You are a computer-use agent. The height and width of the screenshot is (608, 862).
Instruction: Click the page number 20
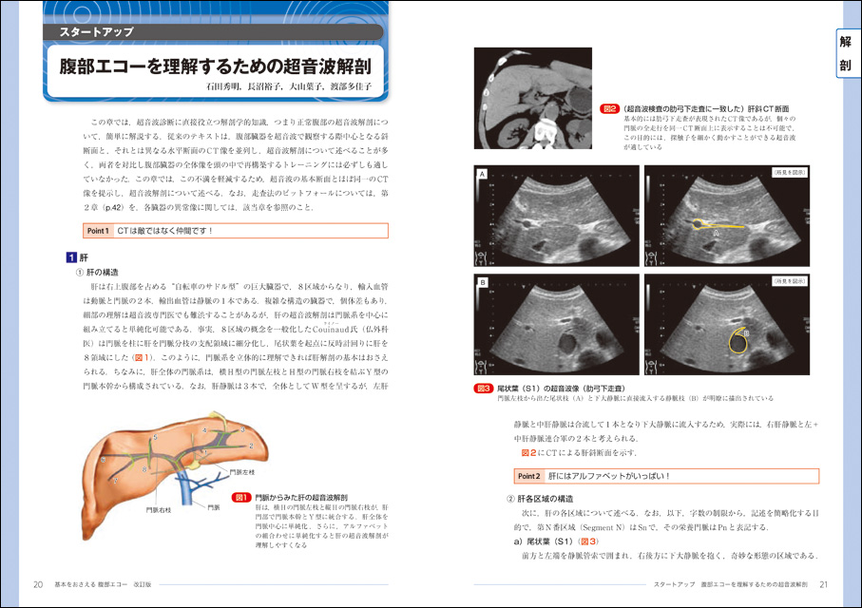[x=38, y=583]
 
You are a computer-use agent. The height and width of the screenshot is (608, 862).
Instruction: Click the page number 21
[x=824, y=583]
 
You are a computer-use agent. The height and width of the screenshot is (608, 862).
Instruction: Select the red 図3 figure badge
[x=483, y=389]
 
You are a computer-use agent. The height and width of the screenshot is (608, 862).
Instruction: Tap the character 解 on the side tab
[x=844, y=42]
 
